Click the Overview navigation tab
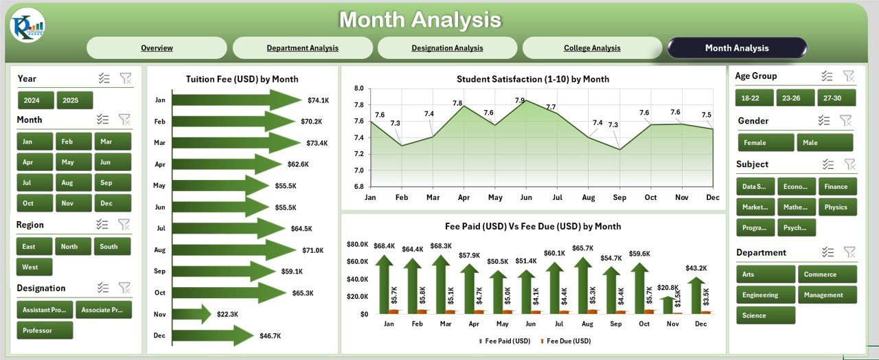coord(157,48)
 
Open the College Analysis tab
coord(592,48)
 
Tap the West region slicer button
coord(30,267)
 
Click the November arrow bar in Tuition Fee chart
coord(191,314)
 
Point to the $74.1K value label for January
coord(319,100)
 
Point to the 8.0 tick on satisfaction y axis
coord(358,89)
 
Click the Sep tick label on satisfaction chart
coord(619,197)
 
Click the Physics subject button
coord(836,207)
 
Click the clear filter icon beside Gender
coord(846,121)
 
